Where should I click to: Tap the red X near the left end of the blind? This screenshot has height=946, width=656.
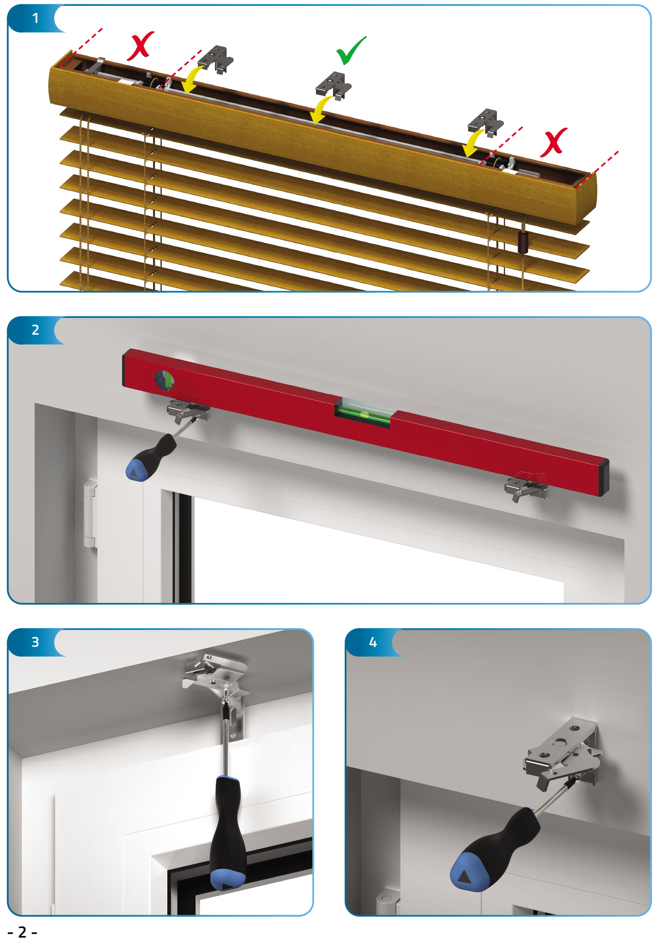[x=140, y=46]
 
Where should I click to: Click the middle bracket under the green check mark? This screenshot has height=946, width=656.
[x=334, y=85]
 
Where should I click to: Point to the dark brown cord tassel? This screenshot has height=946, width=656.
[x=523, y=242]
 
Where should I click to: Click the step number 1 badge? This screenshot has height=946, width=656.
[x=35, y=18]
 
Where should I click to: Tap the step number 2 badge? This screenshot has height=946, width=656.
[x=35, y=330]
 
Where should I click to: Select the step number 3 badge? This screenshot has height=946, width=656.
[x=35, y=642]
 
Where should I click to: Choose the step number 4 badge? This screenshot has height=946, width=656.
[x=373, y=642]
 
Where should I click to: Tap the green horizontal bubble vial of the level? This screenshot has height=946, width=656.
[x=362, y=412]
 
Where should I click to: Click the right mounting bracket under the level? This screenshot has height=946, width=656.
[x=526, y=486]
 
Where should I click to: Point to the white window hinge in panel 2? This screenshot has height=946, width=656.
[x=90, y=514]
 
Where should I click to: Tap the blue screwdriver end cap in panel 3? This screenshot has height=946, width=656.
[x=228, y=880]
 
